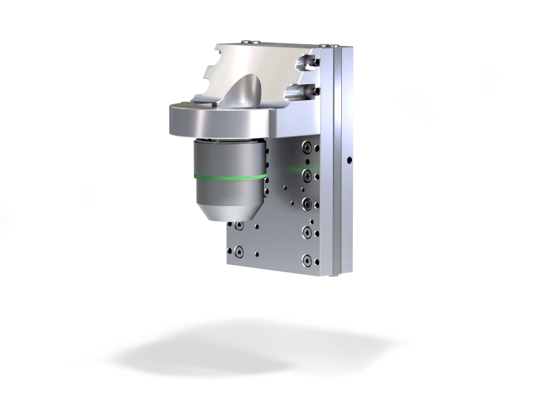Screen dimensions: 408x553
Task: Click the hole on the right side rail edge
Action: (349, 160)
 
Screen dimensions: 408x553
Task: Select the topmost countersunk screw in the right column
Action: (306, 148)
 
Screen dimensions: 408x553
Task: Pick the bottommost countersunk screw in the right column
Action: (306, 260)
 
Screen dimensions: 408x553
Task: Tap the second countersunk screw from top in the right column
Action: (306, 176)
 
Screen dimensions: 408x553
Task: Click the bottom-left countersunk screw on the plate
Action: (238, 252)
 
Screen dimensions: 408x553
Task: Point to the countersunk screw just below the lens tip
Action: (238, 226)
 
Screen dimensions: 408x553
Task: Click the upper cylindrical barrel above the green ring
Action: (229, 157)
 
